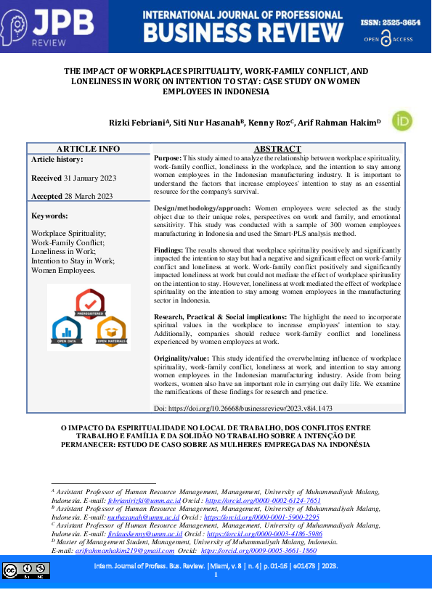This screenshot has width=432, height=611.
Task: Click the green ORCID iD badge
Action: click(402, 121)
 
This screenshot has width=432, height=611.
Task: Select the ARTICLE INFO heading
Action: click(89, 149)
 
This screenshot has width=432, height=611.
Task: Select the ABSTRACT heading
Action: click(277, 149)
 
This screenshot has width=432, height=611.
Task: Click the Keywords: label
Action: click(49, 216)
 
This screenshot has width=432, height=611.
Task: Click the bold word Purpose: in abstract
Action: click(168, 157)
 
